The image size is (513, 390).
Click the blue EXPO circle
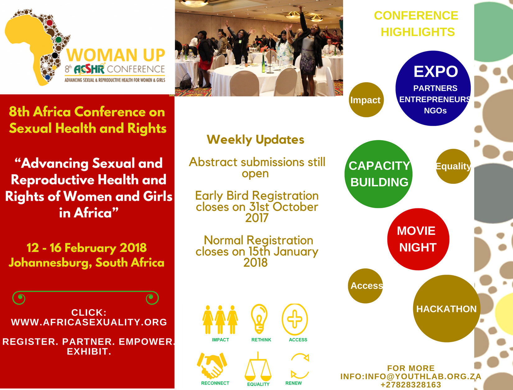433,88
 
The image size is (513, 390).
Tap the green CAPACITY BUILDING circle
378,174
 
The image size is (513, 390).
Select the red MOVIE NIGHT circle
418,239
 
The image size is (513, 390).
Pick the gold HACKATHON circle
447,309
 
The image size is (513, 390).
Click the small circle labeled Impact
366,100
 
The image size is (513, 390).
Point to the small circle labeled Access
366,286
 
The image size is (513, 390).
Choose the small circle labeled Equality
453,166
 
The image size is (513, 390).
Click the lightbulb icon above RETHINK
259,319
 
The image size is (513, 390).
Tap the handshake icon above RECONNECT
212,366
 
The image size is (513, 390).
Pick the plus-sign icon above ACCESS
295,319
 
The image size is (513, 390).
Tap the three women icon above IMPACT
220,320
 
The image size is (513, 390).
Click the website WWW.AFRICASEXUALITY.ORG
89,322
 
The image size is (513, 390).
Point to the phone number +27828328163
411,385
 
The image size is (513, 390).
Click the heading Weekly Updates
256,140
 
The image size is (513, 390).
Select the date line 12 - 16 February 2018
86,248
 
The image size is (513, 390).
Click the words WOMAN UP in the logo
116,55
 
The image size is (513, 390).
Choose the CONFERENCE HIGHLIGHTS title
416,24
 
